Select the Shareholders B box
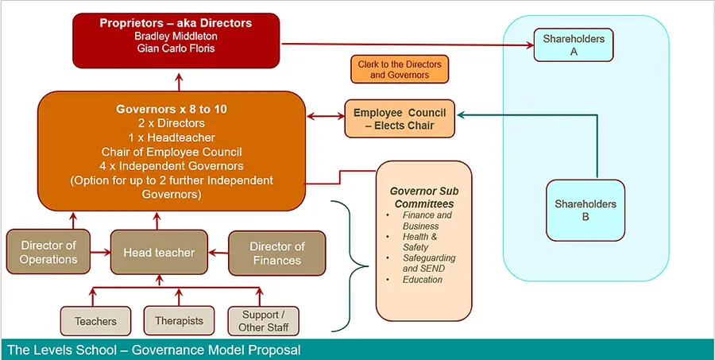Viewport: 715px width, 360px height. pos(585,210)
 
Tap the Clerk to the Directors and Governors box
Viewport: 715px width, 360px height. pos(399,69)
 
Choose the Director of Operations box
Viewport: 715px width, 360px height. pos(48,253)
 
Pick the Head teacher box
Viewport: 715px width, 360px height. pos(159,253)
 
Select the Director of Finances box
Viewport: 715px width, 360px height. pos(276,253)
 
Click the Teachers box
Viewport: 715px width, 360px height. pos(95,321)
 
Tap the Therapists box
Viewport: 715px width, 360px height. pos(179,321)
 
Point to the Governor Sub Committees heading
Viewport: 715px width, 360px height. pos(423,197)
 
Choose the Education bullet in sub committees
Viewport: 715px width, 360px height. pos(422,279)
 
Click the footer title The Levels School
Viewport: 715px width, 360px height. pos(153,350)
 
